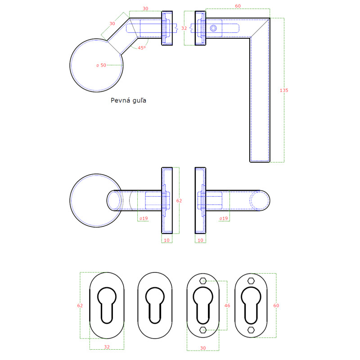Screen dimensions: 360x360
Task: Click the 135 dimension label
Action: coord(284,90)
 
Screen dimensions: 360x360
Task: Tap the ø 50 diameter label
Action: coord(101,65)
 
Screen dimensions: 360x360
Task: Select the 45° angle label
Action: coord(142,48)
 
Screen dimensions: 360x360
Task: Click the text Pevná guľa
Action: coord(128,100)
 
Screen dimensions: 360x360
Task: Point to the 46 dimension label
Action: coord(227,306)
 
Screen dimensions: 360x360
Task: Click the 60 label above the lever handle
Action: coord(238,6)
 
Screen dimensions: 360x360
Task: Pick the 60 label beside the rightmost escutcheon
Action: coord(276,306)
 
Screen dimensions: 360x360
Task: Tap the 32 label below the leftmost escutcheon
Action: coord(107,347)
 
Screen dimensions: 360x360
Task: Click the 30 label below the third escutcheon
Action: coord(203,348)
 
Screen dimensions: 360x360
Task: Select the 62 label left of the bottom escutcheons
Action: coord(80,306)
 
